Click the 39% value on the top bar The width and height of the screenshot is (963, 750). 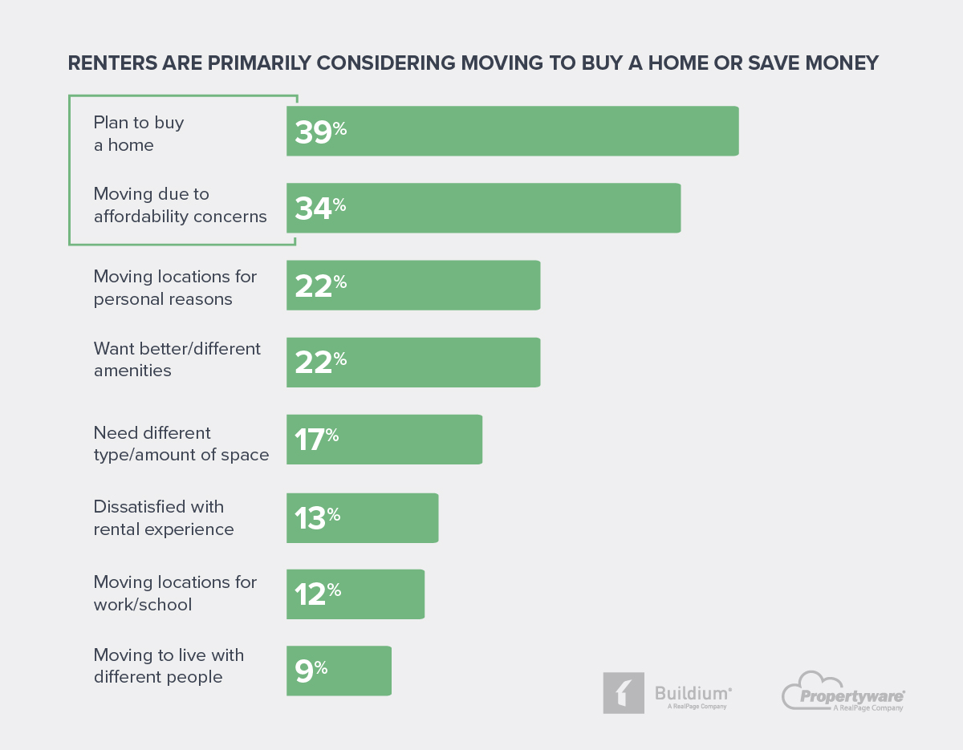coord(320,132)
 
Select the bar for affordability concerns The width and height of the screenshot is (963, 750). coord(483,209)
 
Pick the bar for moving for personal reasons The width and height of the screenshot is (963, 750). coord(413,286)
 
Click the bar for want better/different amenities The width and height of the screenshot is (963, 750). coord(413,363)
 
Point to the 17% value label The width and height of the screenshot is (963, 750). coord(316,440)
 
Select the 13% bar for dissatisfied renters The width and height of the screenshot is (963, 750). coord(362,517)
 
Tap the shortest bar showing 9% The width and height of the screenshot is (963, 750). coord(339,671)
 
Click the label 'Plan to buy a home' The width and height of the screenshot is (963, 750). coord(138,134)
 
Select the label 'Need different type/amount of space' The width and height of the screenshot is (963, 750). coord(181,444)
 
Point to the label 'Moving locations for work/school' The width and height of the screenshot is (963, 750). coord(175,593)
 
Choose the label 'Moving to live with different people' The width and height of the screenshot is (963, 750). coord(169,666)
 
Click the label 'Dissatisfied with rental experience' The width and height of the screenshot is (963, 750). coord(164,518)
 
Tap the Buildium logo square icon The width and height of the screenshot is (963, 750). coord(624,693)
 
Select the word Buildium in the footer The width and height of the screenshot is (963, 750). coord(692,692)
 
